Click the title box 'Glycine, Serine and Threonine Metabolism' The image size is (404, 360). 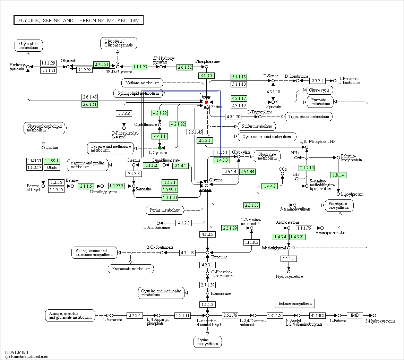(x=78, y=20)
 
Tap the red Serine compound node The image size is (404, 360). (x=206, y=102)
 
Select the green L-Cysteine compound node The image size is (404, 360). (x=160, y=148)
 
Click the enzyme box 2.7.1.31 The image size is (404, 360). (x=101, y=65)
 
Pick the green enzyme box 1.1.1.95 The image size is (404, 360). (x=140, y=67)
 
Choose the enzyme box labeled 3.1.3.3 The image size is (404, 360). (x=206, y=76)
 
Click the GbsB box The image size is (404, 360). (x=52, y=168)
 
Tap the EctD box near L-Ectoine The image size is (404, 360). (x=355, y=315)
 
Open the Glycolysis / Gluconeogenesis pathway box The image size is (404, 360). (x=119, y=43)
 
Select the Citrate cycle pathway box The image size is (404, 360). (x=320, y=90)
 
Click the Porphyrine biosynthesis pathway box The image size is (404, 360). (x=339, y=205)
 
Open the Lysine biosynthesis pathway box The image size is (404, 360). (x=207, y=342)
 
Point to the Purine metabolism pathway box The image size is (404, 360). (x=165, y=210)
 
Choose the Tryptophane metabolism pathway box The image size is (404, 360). (x=309, y=117)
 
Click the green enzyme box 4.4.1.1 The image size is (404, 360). (x=160, y=136)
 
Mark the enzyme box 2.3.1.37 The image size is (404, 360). (x=252, y=205)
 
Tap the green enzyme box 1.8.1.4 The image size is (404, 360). (x=338, y=175)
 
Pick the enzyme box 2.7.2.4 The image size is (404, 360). (x=135, y=315)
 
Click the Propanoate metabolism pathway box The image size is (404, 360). (x=131, y=269)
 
